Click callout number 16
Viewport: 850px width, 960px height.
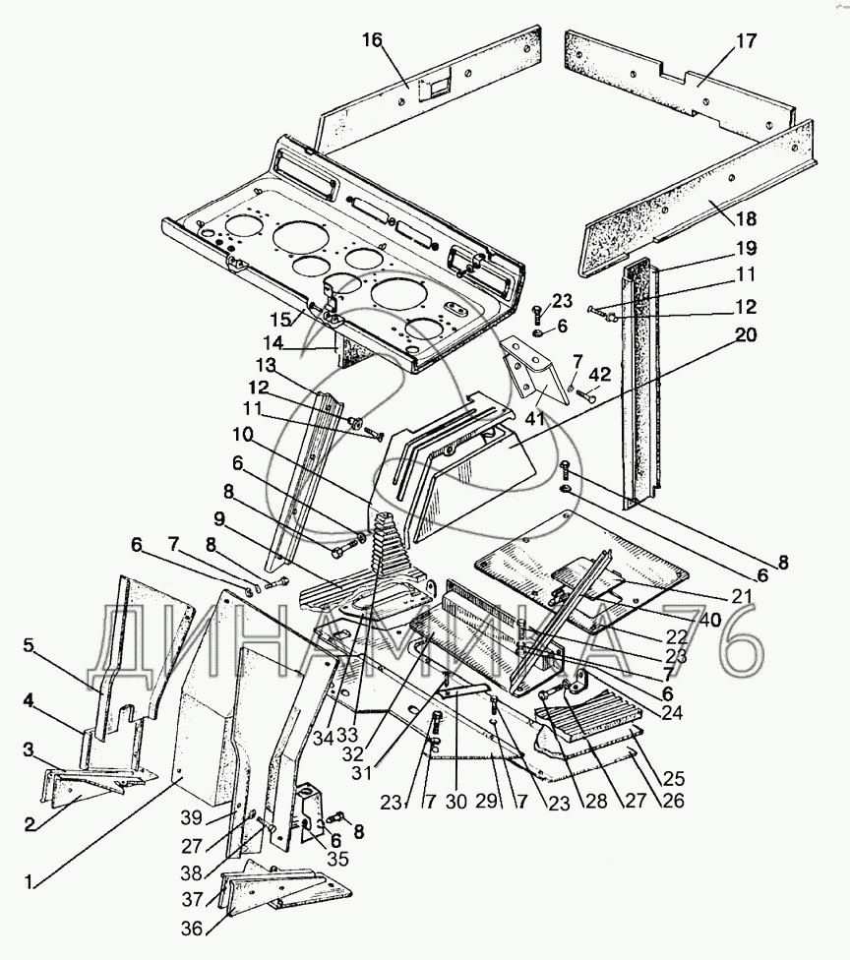point(372,39)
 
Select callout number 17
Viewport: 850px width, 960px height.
point(746,41)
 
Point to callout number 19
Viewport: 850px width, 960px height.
point(746,248)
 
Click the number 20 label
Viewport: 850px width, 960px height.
point(745,334)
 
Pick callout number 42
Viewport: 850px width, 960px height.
point(600,374)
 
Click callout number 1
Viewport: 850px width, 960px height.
point(29,881)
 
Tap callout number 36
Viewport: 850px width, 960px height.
point(192,929)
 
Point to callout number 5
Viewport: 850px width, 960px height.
point(29,646)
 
